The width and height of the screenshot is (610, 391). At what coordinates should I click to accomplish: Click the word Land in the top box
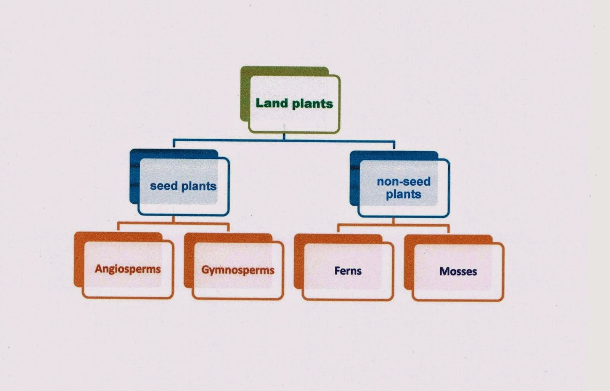[x=271, y=103]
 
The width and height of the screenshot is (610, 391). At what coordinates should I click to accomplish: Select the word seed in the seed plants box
[x=164, y=186]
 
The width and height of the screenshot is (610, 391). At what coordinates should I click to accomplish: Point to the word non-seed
[x=403, y=181]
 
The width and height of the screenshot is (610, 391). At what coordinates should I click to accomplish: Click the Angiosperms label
[x=128, y=269]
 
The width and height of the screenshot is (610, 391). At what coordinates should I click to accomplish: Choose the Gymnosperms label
[x=238, y=270]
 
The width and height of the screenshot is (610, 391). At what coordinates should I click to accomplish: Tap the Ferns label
[x=348, y=271]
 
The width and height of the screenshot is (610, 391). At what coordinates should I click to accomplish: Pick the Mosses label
[x=458, y=271]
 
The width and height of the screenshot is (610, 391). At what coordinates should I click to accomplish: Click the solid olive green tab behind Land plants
[x=245, y=95]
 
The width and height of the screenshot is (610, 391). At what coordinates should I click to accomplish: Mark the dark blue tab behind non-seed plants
[x=355, y=179]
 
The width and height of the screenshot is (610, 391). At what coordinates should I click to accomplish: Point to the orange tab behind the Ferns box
[x=298, y=263]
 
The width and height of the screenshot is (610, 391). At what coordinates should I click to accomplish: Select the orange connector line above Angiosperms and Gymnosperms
[x=173, y=223]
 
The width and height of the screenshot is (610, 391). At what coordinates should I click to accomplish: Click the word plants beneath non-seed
[x=403, y=194]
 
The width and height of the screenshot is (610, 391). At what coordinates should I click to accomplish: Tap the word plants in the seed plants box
[x=199, y=186]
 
